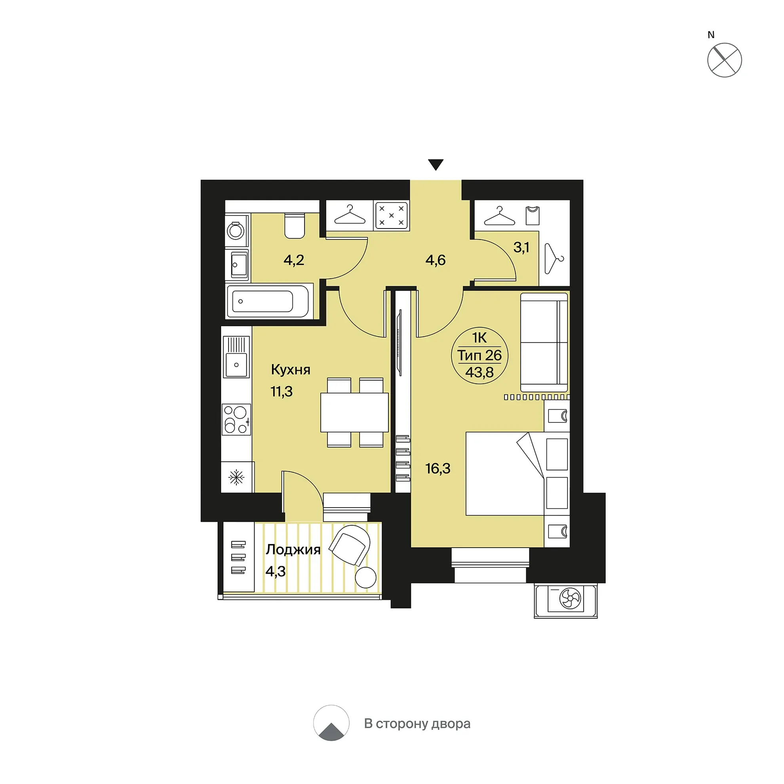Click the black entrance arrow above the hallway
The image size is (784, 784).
pos(436,164)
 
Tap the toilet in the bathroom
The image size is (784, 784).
pos(294,226)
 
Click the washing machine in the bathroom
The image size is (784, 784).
pos(236,230)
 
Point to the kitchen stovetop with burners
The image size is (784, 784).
pos(236,420)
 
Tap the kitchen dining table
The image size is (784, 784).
pos(354,412)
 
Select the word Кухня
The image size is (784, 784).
pos(291,370)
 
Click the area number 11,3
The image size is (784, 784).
pos(281,392)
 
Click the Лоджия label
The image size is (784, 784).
pos(293,550)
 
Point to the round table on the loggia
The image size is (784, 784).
pos(365,577)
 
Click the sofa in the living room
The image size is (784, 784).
pos(544,342)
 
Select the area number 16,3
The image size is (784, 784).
pos(438,469)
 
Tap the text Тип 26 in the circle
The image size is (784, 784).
pos(480,356)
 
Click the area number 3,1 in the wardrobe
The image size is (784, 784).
pos(521,247)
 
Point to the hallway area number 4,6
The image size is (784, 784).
pos(436,260)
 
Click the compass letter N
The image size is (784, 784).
pos(711,35)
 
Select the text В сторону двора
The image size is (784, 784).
pos(417,723)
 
